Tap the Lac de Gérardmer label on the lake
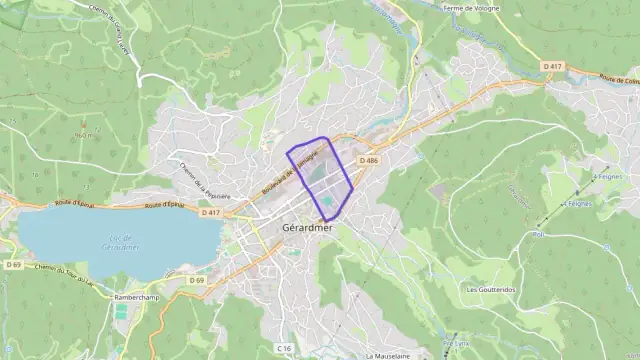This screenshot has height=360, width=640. pos(121,242)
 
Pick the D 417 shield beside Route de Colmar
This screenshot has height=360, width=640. pos(553,66)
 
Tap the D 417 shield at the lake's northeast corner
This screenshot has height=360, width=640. pos(210,212)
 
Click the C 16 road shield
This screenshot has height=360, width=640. pos(284,348)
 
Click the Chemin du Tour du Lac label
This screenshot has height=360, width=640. pos(62,272)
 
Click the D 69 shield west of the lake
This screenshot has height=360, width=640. pos(12,265)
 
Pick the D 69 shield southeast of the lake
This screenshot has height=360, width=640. pos(197,281)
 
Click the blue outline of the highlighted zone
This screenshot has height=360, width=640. pos(288,154)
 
